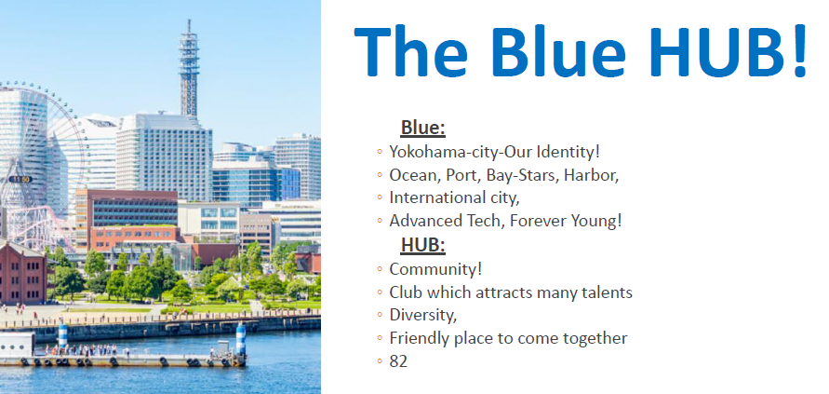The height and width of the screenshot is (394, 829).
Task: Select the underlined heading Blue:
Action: click(x=423, y=128)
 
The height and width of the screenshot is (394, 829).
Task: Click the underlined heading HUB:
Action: click(x=423, y=245)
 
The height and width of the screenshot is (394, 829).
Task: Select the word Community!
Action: click(x=435, y=269)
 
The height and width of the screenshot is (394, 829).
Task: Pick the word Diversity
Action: click(x=423, y=316)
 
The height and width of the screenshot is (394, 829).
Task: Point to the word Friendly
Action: click(x=420, y=338)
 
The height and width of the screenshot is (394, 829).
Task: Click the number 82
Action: click(x=398, y=361)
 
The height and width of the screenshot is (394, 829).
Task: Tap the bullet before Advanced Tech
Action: click(x=380, y=222)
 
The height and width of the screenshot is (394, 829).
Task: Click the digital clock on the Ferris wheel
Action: click(x=20, y=180)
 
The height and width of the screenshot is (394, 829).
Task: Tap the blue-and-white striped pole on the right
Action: click(x=241, y=339)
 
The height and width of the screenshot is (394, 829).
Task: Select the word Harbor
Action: click(x=592, y=175)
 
